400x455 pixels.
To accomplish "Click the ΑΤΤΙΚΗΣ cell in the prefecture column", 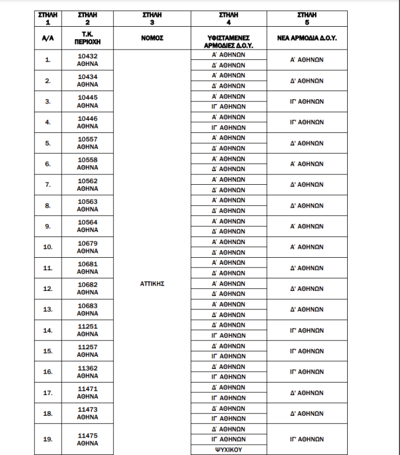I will coord(152,283).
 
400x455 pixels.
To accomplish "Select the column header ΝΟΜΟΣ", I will coord(152,38).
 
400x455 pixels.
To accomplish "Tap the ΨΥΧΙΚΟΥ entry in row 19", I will coord(228,450).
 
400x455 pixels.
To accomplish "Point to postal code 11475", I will coord(88,436).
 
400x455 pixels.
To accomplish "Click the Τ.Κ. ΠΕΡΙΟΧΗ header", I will coord(88,38).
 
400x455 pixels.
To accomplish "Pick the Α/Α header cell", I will coord(48,38).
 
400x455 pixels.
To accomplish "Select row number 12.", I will coord(48,289).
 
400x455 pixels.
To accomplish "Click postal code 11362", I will coord(88,368).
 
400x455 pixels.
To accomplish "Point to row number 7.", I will coord(48,185).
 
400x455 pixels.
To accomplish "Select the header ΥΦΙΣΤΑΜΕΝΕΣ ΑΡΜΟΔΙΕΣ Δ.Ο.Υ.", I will coord(228,41).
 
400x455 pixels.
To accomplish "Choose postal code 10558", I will coord(88,160).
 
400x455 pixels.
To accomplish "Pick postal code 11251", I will coord(88,326).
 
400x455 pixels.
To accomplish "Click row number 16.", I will coord(48,372).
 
